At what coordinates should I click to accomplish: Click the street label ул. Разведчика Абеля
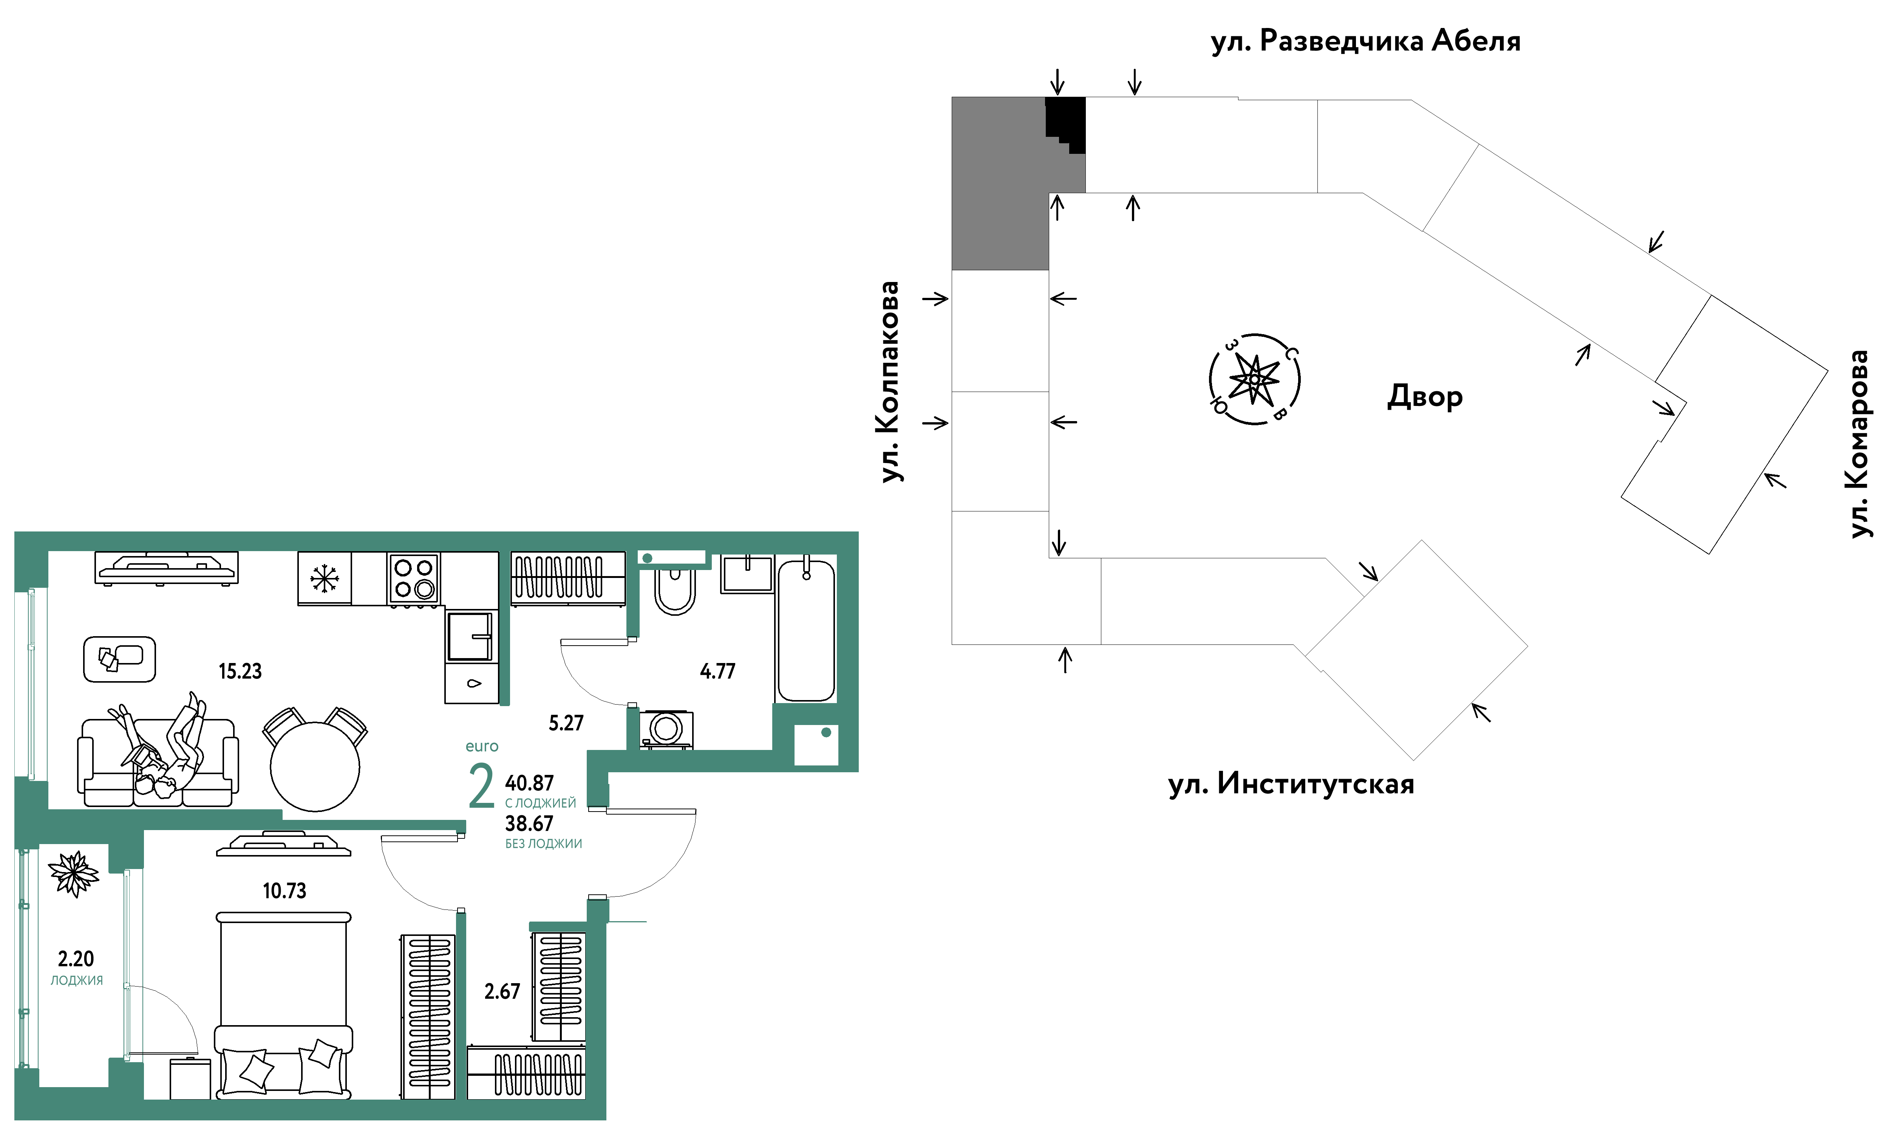coord(1365,41)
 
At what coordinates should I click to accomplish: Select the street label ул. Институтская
coord(1291,784)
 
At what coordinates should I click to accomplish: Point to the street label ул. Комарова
coord(1858,444)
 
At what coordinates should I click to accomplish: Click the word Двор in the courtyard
coord(1425,397)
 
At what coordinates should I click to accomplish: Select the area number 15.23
coord(240,672)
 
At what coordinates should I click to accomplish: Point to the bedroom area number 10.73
coord(284,891)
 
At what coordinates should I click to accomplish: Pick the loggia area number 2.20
coord(76,959)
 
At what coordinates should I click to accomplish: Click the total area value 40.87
coord(529,783)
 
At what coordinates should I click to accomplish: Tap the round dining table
coord(315,767)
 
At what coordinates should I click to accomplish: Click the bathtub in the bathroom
coord(805,631)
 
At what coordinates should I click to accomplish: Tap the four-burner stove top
coord(413,578)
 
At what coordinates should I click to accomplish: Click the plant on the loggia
coord(73,874)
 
